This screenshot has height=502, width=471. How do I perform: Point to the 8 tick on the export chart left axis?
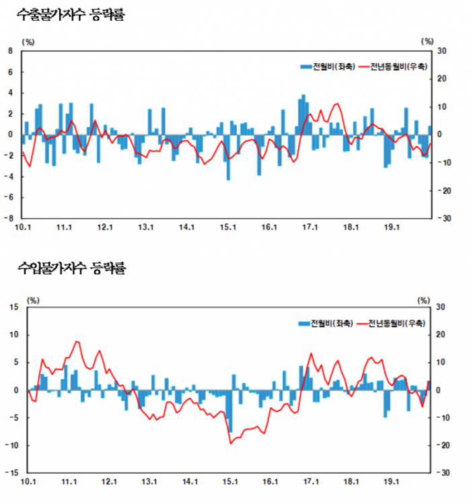(x=10, y=50)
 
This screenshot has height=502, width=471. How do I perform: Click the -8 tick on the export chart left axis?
(x=9, y=218)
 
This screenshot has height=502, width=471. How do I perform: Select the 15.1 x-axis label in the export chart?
(x=228, y=227)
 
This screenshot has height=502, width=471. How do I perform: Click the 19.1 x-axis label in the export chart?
(x=392, y=227)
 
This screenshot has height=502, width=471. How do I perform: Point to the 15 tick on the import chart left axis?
(x=13, y=307)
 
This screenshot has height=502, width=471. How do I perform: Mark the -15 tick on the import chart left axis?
(x=11, y=473)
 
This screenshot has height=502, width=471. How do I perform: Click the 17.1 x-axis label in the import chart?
(x=311, y=482)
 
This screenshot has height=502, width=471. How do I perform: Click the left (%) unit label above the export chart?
(x=28, y=41)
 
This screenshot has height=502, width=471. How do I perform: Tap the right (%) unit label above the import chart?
(x=423, y=300)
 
